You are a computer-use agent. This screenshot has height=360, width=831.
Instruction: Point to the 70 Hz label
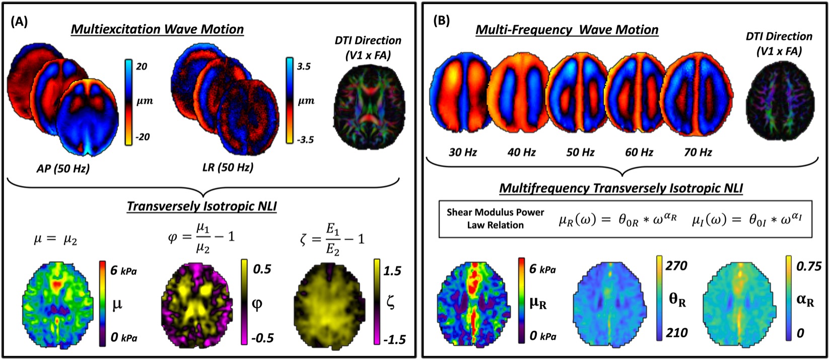(x=698, y=152)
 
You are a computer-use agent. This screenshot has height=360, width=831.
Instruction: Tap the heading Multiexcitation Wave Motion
(x=157, y=29)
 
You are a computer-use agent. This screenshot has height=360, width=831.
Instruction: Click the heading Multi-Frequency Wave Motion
(x=568, y=30)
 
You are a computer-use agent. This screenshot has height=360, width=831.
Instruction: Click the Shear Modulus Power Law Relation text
(x=495, y=219)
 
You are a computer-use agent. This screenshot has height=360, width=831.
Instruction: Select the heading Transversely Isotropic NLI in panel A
(x=201, y=206)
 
